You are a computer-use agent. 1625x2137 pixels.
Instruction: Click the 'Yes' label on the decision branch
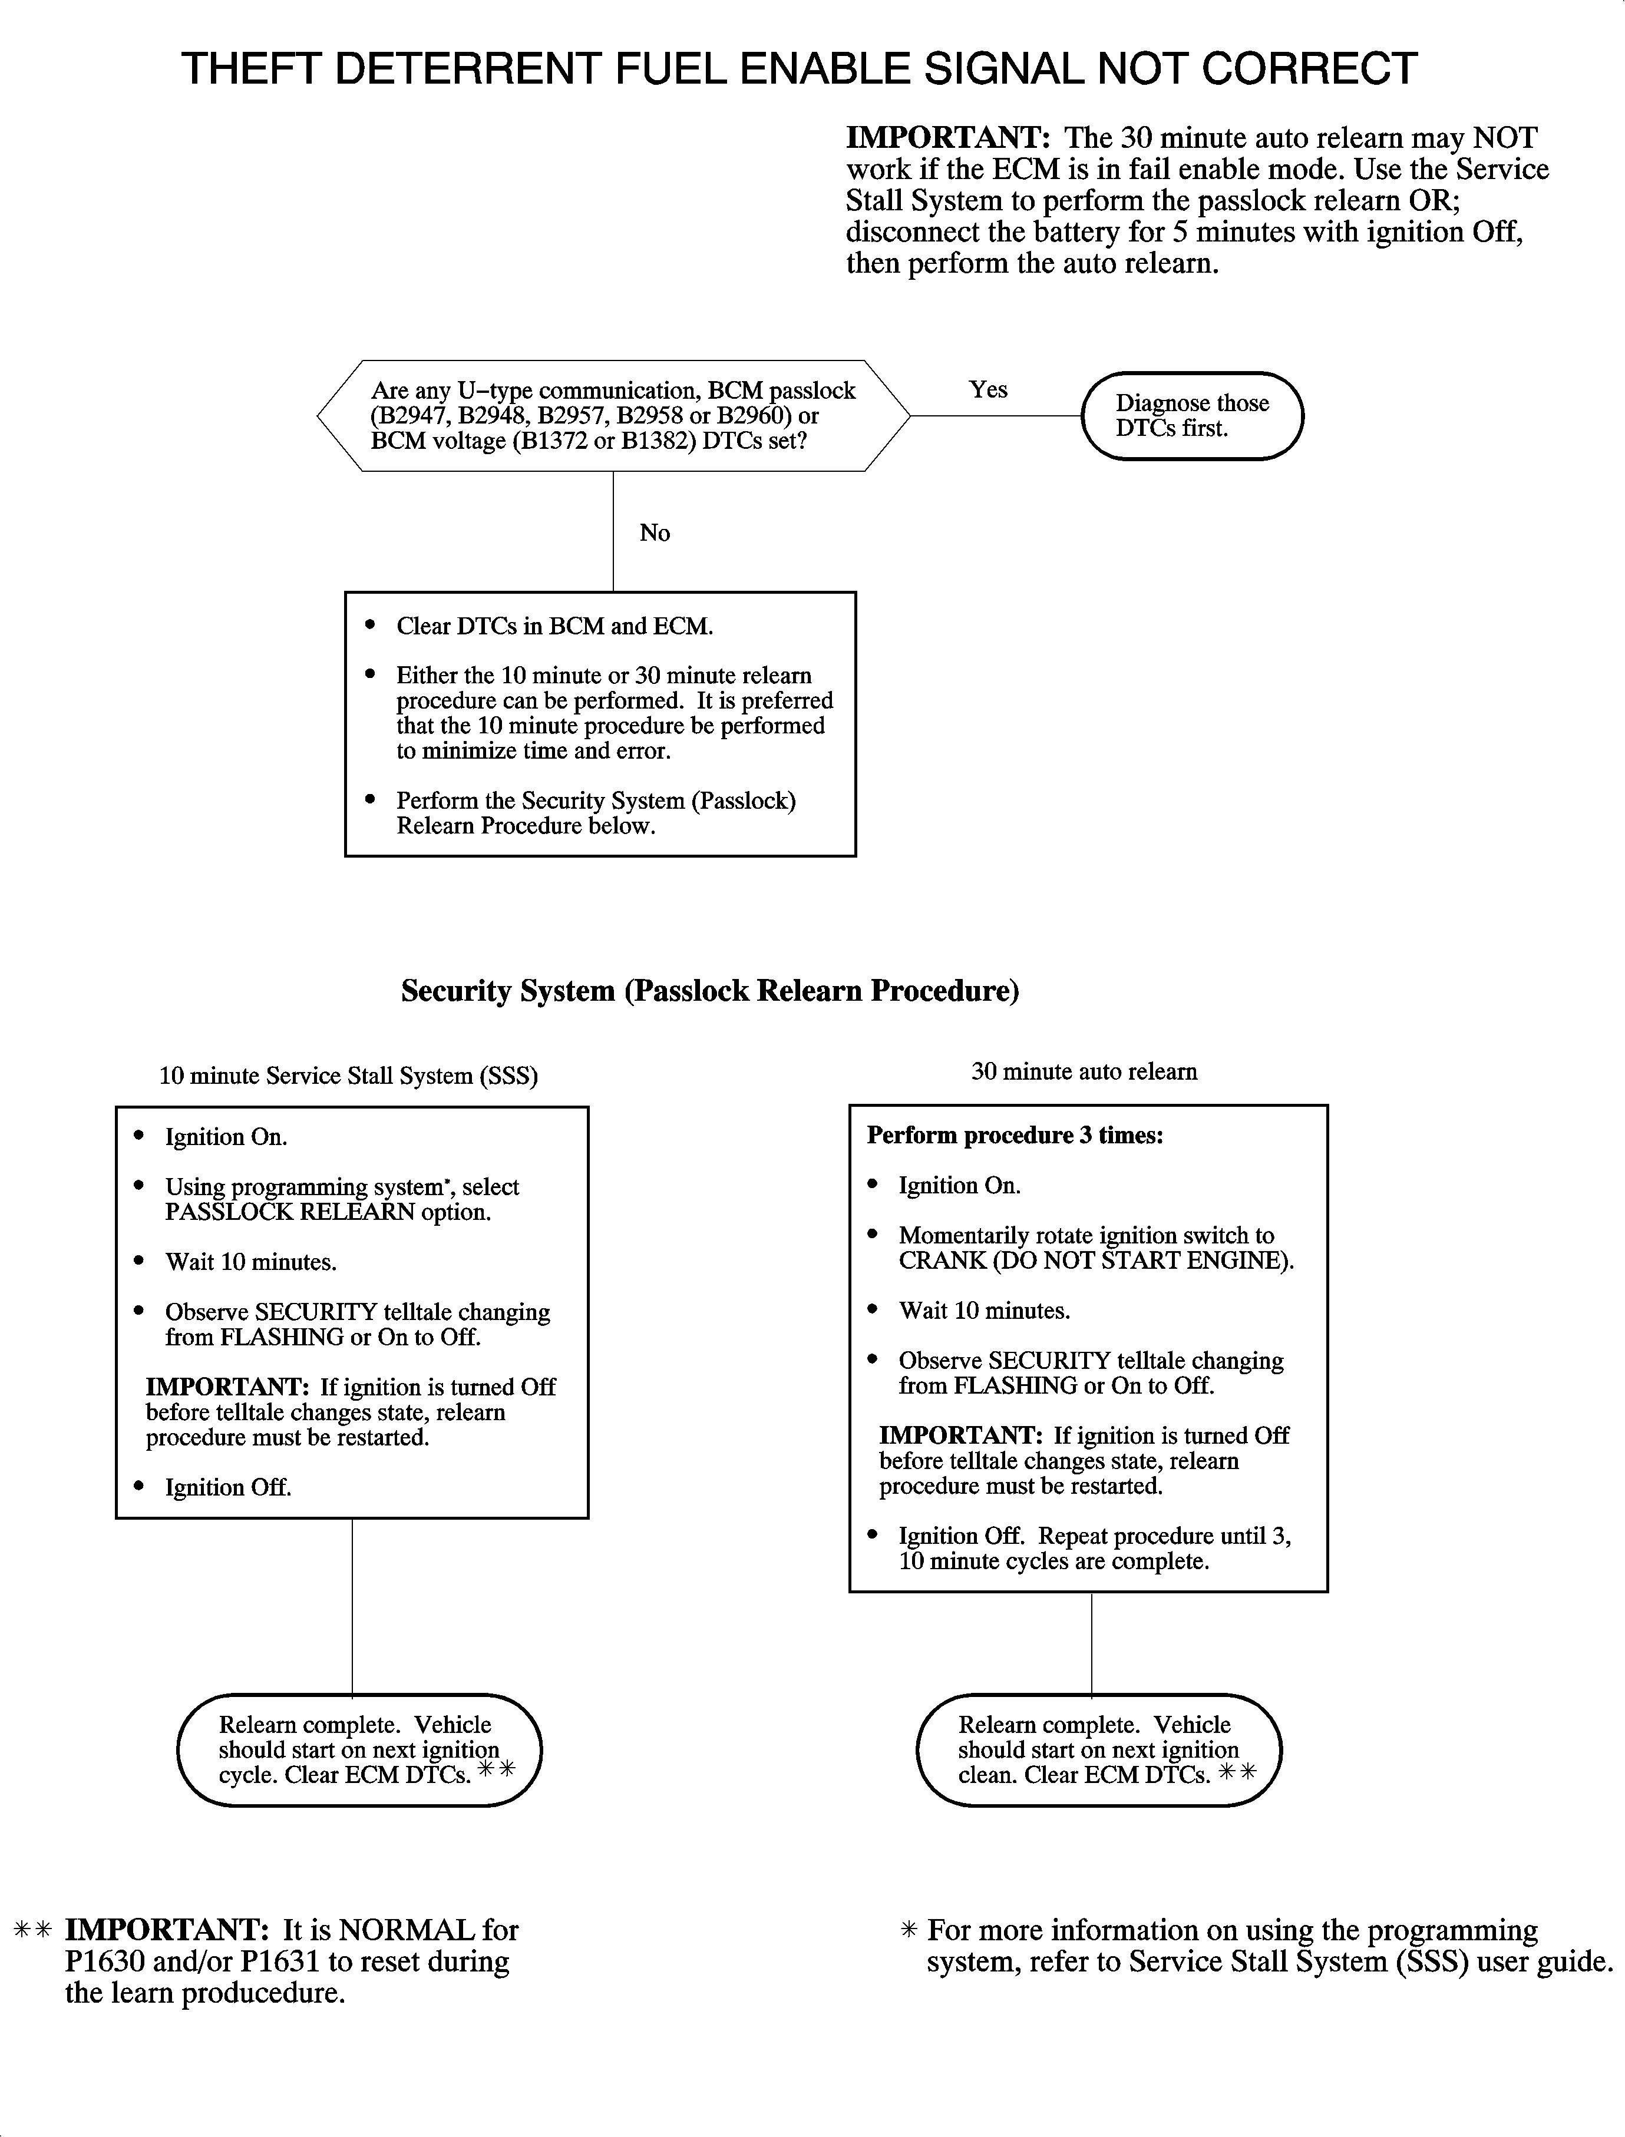[x=987, y=390]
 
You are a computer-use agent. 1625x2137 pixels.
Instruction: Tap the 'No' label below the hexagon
[x=655, y=533]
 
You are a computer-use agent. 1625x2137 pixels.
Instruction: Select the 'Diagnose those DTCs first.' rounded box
[x=1192, y=416]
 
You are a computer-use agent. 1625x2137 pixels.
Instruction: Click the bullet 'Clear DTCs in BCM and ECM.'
[x=554, y=627]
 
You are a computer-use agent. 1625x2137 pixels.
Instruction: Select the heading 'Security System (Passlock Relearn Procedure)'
[x=710, y=991]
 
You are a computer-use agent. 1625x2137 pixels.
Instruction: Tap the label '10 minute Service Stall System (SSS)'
[x=348, y=1076]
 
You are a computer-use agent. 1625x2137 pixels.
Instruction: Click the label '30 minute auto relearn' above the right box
[x=1084, y=1071]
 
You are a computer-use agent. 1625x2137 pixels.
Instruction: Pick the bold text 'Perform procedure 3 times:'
[x=1015, y=1135]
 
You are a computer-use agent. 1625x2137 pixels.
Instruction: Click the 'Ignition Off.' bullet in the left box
[x=228, y=1487]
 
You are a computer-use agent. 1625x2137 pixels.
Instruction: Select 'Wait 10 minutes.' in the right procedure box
[x=984, y=1311]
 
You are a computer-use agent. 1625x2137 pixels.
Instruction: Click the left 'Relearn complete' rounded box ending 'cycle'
[x=359, y=1750]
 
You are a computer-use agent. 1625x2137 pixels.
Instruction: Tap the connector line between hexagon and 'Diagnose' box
[x=996, y=416]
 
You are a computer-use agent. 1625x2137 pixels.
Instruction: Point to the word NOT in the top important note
[x=1504, y=138]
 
